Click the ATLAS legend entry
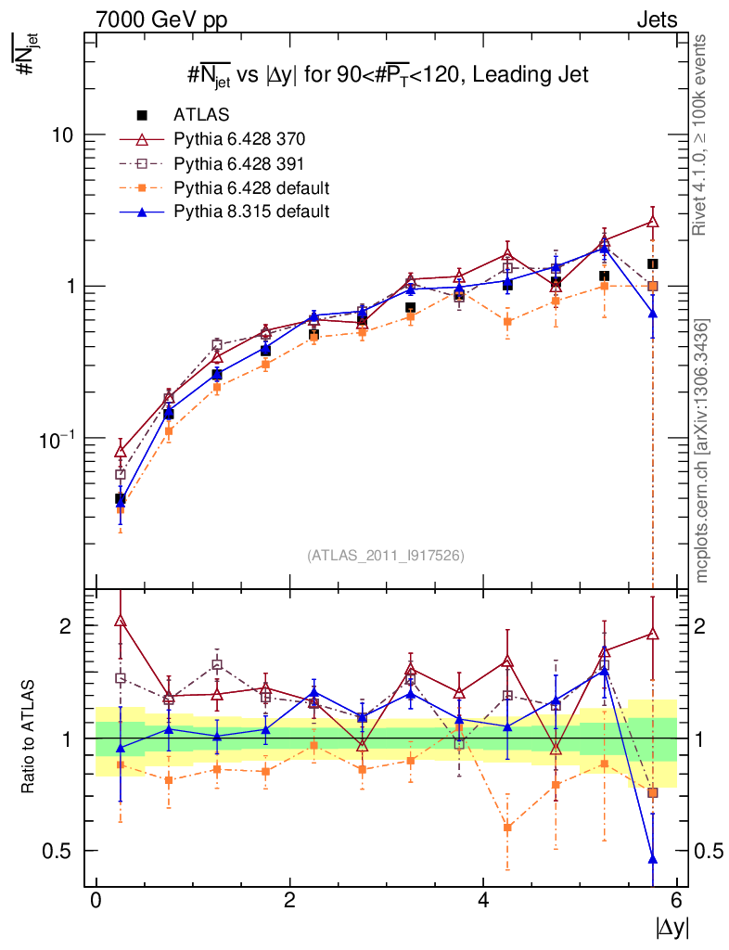(x=201, y=115)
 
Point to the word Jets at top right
(x=656, y=19)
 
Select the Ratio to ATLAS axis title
(x=29, y=738)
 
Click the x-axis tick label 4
(x=483, y=901)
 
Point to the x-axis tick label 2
(x=289, y=901)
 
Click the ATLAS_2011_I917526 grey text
(x=386, y=555)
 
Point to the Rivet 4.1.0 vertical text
(x=700, y=135)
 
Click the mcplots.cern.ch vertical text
(x=702, y=450)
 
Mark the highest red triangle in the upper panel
(x=653, y=222)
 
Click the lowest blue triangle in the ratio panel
(x=653, y=858)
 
